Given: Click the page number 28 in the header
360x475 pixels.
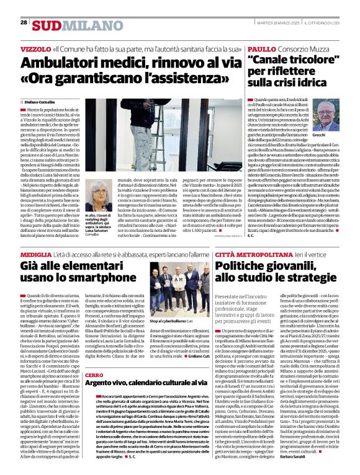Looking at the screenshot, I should click(x=24, y=22).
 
